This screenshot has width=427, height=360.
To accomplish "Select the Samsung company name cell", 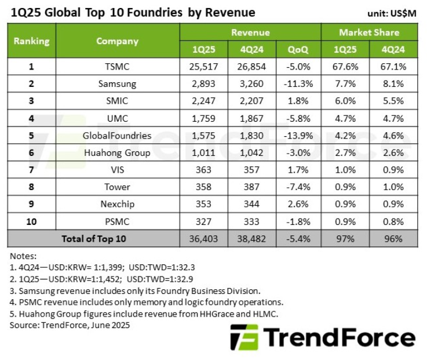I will pyautogui.click(x=117, y=83).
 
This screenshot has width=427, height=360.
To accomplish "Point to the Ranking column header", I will pyautogui.click(x=31, y=41).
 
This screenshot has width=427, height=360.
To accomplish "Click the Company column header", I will pyautogui.click(x=117, y=41).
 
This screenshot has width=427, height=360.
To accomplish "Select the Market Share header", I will pyautogui.click(x=369, y=32).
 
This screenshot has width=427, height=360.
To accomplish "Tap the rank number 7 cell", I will pyautogui.click(x=31, y=170).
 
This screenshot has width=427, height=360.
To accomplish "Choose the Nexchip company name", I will pyautogui.click(x=117, y=205).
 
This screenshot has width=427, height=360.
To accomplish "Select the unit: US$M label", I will pyautogui.click(x=392, y=13).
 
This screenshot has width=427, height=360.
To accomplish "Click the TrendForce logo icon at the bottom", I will pyautogui.click(x=243, y=337).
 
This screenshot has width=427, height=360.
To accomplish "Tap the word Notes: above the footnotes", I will pyautogui.click(x=23, y=256).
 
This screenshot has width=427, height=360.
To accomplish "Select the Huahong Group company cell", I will pyautogui.click(x=117, y=153).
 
